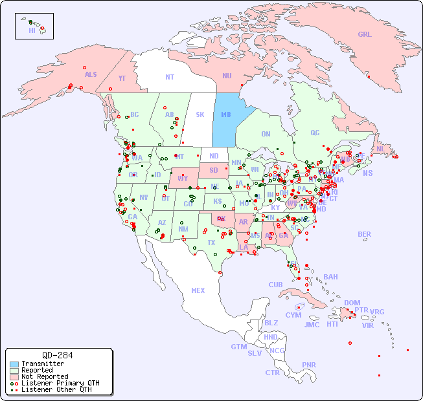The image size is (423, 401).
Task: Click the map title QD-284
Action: pos(57,355)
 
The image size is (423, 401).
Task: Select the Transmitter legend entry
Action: pos(42,363)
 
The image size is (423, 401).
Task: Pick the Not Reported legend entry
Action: pos(45,376)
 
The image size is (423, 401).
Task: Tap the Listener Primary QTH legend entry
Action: pos(60,383)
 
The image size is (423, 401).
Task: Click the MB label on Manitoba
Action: pos(226,114)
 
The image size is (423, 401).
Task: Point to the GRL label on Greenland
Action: pos(365,34)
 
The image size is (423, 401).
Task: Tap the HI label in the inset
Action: pos(32,30)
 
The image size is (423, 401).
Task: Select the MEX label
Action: pos(198,290)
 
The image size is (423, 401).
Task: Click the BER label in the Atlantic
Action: pos(365,234)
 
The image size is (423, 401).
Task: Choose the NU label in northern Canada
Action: pos(227,76)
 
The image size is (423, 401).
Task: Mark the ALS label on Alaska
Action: pos(91,74)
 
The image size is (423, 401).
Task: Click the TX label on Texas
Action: pos(211,243)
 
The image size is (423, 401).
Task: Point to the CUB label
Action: pos(276,285)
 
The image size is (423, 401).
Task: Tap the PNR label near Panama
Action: pos(309,365)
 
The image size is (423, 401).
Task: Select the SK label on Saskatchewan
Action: pos(200,114)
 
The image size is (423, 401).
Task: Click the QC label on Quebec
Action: pos(315,133)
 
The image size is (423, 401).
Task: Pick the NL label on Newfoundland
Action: pos(380,149)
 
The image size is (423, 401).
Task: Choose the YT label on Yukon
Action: pos(122,78)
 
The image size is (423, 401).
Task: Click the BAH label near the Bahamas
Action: pos(330,277)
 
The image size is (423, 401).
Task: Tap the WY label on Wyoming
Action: pos(183,178)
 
